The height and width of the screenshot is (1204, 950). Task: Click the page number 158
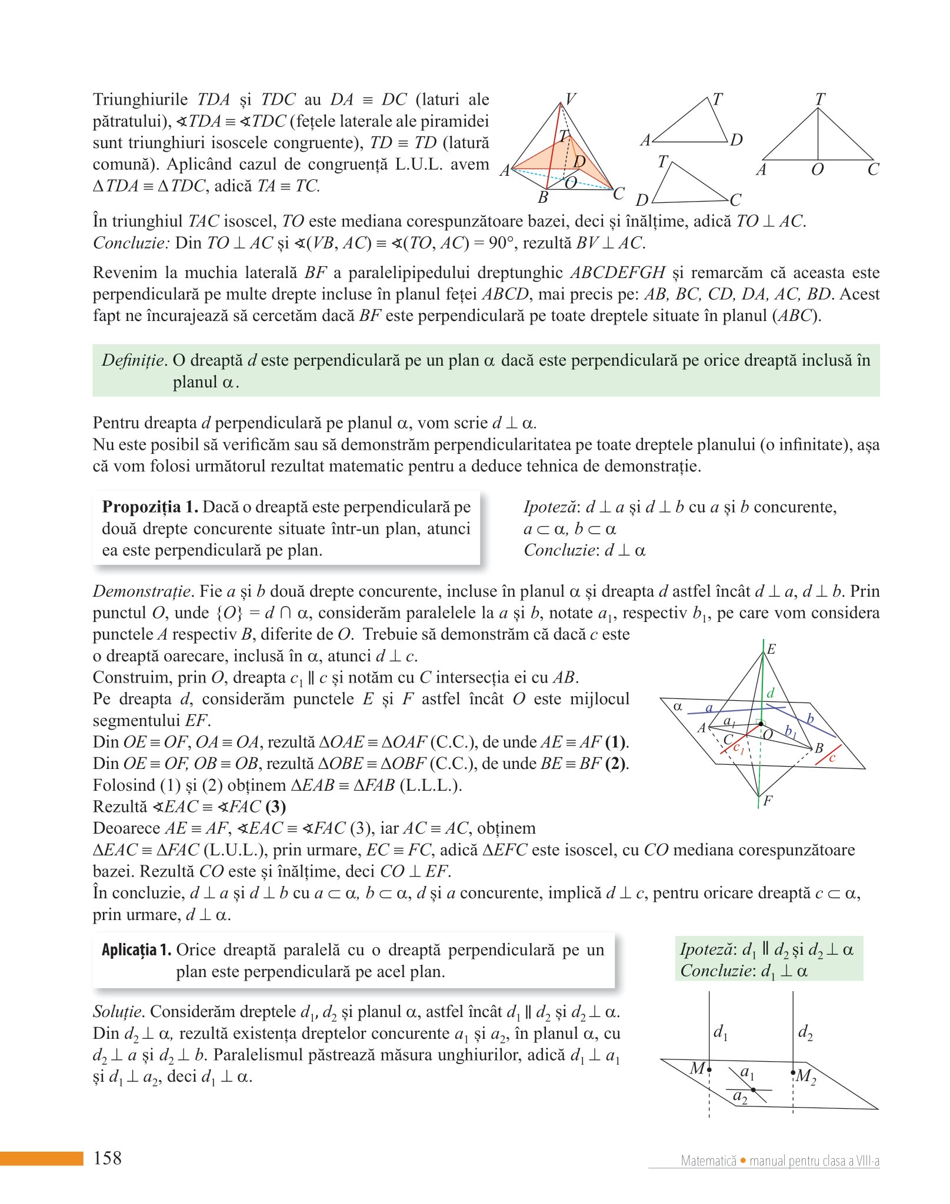(x=108, y=1158)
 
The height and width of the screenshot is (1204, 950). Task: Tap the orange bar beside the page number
(x=41, y=1158)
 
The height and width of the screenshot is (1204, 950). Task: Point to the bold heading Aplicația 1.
(x=136, y=950)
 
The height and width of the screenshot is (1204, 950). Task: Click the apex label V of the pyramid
(x=570, y=99)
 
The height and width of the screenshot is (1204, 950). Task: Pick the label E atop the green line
(x=771, y=649)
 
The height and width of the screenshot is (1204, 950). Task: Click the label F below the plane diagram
(x=768, y=801)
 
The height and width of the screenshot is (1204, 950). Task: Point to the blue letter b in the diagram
(x=810, y=718)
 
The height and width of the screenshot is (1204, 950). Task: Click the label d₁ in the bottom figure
(x=720, y=1032)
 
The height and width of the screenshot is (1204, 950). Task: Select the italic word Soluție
(x=118, y=1011)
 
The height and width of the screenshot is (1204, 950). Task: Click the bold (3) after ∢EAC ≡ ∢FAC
(x=275, y=807)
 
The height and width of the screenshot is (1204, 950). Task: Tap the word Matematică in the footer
(x=708, y=1160)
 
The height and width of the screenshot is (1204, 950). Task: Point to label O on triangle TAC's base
(x=817, y=170)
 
